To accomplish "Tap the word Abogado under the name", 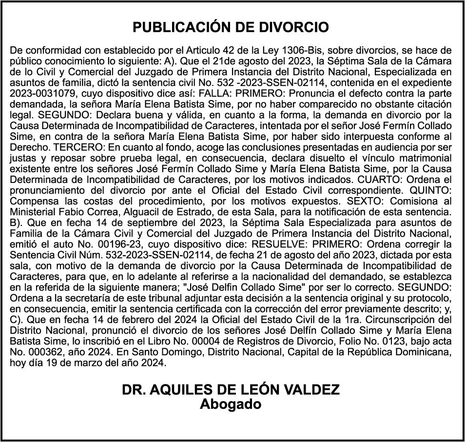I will coord(231,404).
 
